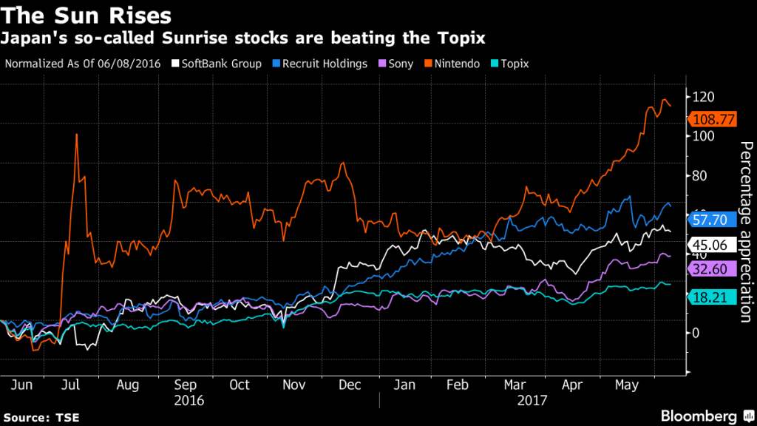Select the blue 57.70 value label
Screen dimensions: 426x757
[712, 219]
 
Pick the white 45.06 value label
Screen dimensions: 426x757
[712, 245]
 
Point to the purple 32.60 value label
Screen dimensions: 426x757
[712, 270]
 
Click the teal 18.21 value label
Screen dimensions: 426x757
[712, 297]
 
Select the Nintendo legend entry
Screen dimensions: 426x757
[454, 64]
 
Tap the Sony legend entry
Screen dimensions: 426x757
[401, 64]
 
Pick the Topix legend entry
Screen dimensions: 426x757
[510, 64]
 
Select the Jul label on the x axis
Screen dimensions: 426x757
[71, 385]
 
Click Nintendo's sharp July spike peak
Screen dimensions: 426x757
[76, 135]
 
